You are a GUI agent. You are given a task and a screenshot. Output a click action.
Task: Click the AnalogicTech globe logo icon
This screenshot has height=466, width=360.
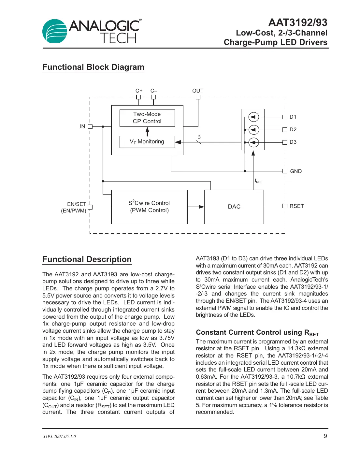(54, 31)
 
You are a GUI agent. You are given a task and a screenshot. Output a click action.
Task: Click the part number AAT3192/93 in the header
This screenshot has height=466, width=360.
(297, 22)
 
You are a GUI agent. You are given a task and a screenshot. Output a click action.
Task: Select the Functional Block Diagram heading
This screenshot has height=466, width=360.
(93, 67)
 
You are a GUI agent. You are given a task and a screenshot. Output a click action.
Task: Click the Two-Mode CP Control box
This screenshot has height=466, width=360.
(147, 118)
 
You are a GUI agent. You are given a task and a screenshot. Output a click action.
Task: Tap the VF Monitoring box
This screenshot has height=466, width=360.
(147, 142)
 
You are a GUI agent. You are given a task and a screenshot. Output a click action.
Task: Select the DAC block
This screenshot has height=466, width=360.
(234, 207)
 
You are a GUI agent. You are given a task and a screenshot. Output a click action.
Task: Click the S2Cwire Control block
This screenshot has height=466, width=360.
(149, 207)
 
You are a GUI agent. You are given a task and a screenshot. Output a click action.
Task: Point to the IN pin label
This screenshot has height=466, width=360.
(82, 126)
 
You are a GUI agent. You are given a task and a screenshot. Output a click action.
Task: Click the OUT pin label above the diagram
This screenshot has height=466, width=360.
(198, 91)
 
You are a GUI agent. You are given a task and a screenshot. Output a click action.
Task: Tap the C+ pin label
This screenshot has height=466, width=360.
(139, 91)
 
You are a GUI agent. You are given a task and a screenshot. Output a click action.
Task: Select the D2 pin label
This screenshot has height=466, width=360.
(293, 130)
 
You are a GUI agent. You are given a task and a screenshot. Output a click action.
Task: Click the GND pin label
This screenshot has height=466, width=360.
(296, 171)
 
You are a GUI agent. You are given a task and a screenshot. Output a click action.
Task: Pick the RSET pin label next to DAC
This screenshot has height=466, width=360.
(296, 206)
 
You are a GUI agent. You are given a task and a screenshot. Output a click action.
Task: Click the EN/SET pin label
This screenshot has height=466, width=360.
(77, 204)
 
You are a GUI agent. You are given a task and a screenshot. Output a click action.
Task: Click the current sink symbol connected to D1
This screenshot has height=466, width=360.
(254, 117)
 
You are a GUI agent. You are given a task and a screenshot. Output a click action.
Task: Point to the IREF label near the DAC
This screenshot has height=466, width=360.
(258, 181)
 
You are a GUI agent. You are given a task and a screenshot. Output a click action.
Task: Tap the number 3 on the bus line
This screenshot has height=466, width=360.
(199, 138)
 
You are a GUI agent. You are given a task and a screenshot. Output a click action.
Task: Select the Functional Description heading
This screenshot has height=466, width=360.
(87, 259)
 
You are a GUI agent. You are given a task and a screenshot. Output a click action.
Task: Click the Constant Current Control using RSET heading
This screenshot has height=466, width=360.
(257, 333)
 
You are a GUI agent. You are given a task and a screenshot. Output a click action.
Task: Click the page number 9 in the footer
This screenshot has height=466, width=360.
(325, 436)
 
